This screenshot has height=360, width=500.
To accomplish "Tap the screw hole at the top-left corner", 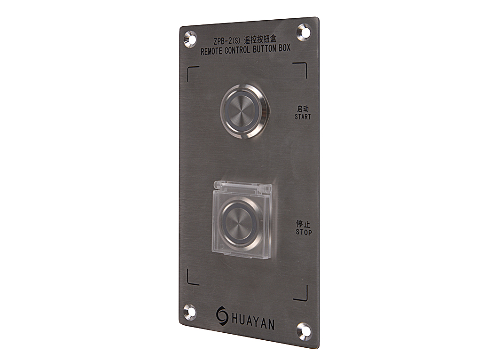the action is [190, 39].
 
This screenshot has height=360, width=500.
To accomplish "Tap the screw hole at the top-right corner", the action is [304, 32].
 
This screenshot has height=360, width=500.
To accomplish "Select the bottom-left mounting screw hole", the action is [190, 312].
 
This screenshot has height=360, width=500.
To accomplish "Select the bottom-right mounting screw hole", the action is [304, 331].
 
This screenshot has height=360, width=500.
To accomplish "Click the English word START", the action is [303, 117].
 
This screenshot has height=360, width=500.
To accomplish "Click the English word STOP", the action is [304, 232].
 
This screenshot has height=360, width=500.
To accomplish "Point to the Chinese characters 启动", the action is [303, 109].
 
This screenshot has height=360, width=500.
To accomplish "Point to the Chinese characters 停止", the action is [303, 224].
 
